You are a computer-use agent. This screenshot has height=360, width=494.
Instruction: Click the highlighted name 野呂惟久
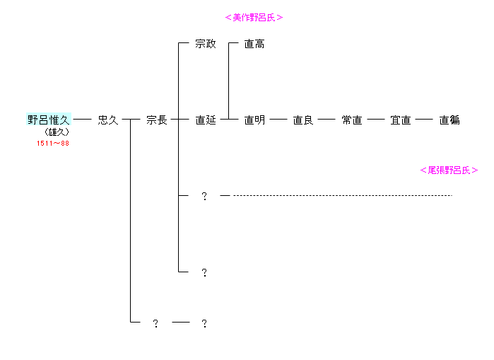point(49,120)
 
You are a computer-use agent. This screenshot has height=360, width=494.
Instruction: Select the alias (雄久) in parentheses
point(56,132)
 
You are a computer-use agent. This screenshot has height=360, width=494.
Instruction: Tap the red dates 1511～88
point(53,143)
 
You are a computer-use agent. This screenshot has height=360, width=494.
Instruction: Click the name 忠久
point(108,120)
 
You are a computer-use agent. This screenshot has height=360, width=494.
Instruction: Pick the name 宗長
point(157,120)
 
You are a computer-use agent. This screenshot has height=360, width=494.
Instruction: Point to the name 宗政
point(206,44)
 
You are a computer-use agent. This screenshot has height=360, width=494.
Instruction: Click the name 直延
point(206,120)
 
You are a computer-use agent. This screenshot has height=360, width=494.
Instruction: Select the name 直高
point(254,44)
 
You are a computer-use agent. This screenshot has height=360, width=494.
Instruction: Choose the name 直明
point(254,120)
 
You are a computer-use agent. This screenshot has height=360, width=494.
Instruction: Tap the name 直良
point(303,120)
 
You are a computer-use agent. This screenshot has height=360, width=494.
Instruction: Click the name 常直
point(352,120)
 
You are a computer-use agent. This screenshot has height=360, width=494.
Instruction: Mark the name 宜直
point(401,120)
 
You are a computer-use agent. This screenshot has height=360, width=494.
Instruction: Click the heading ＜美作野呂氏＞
point(254,18)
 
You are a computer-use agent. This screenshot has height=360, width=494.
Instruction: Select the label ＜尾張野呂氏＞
point(449,170)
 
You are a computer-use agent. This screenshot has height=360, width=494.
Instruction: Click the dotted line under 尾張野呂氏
point(342,195)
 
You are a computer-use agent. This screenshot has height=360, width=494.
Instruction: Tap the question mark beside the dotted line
point(204,196)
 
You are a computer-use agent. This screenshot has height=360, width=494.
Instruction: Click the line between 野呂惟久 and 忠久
point(83,120)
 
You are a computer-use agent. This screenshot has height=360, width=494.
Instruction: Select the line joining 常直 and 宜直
point(376,120)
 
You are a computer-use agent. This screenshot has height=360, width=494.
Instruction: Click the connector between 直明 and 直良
point(278,120)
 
